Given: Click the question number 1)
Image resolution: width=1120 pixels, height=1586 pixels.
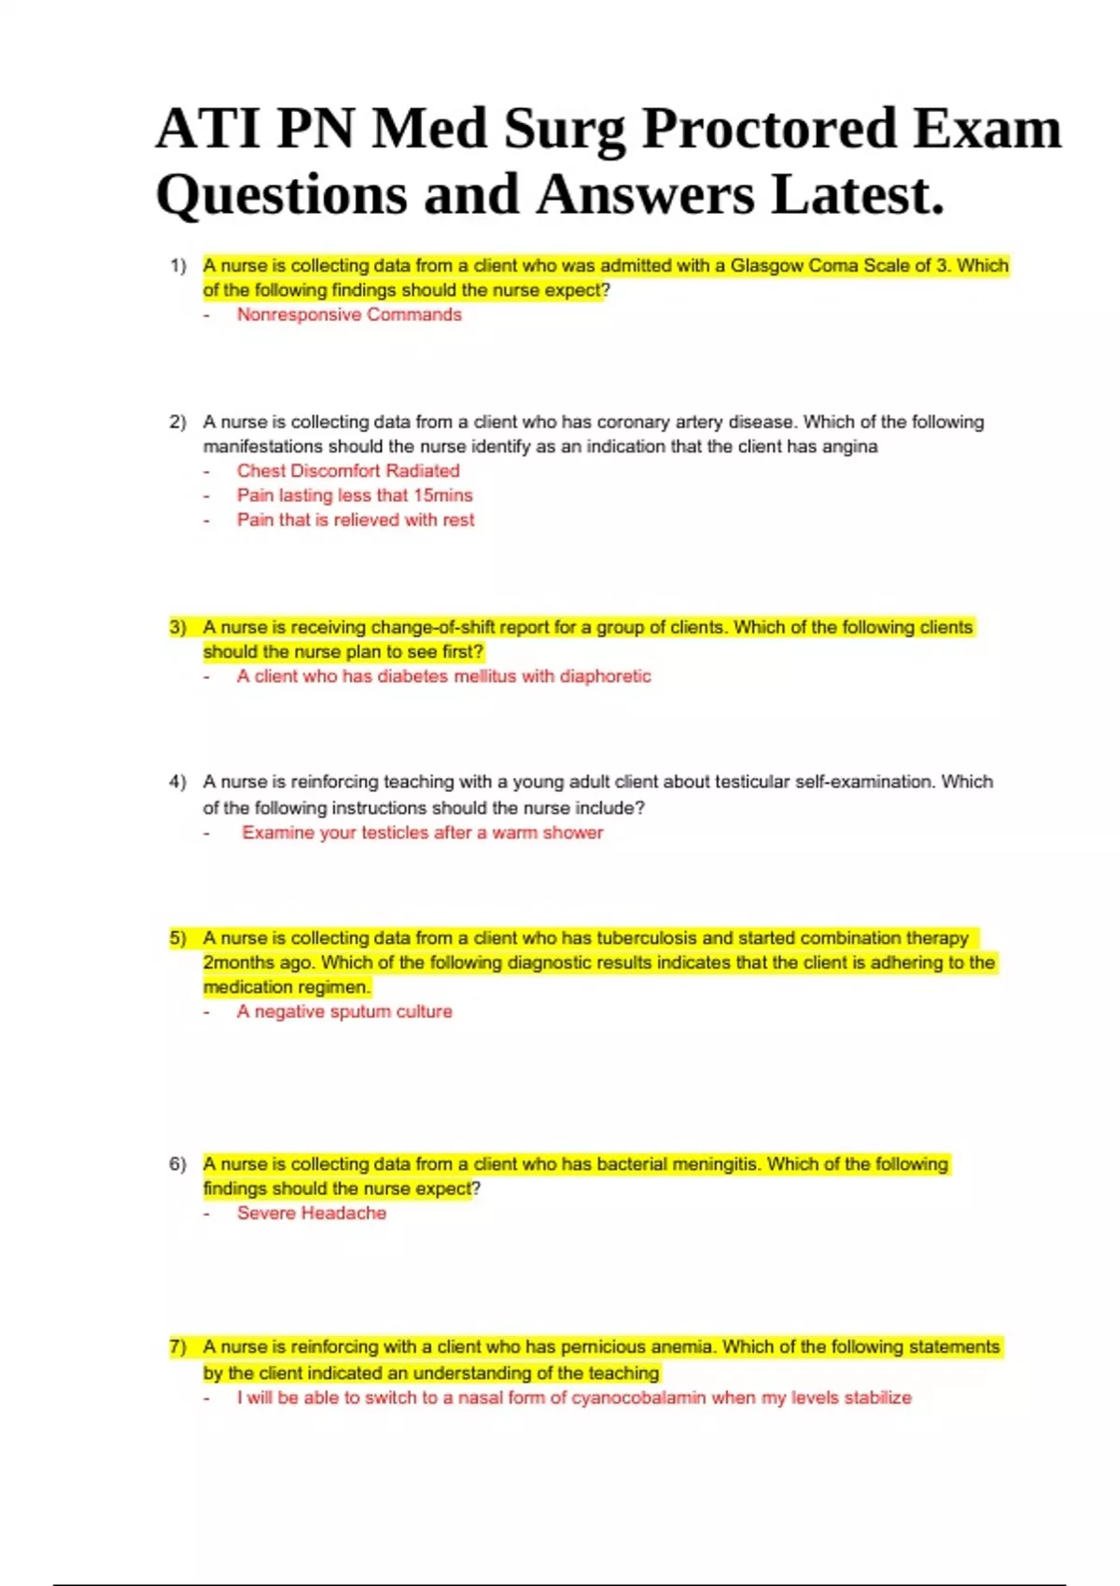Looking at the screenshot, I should click(178, 266).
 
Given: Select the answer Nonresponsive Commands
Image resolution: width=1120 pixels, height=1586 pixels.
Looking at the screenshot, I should click(349, 314).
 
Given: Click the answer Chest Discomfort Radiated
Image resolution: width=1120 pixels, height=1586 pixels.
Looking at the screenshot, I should click(348, 471).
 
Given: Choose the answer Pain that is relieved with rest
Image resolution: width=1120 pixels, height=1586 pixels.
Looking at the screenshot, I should click(356, 520).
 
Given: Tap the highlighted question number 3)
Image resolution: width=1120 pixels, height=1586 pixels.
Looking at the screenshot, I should click(178, 627).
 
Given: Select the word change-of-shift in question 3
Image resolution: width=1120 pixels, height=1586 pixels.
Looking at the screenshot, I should click(432, 627).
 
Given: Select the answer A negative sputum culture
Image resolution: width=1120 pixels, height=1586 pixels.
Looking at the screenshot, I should click(344, 1011).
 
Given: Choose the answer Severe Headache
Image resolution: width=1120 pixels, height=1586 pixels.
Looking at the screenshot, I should click(312, 1213).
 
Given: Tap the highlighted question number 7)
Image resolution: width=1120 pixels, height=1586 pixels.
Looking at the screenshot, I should click(178, 1347).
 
